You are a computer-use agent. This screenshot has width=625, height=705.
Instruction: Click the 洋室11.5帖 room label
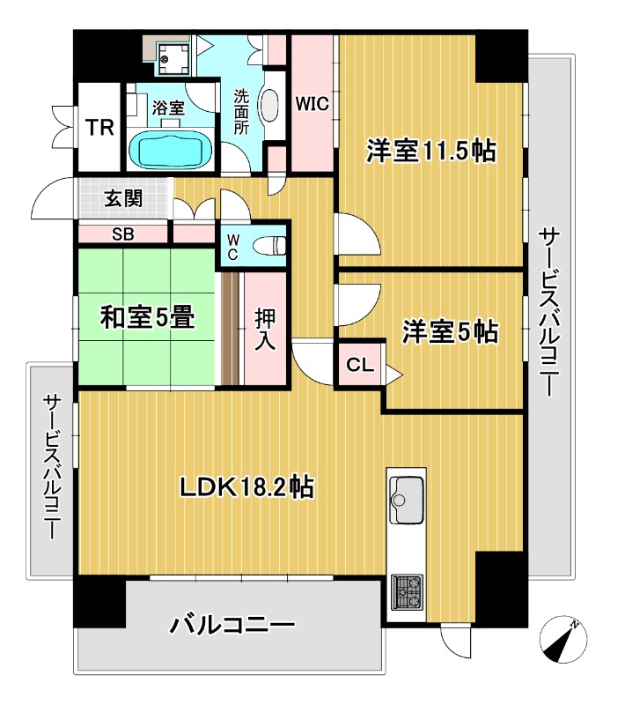click(x=430, y=152)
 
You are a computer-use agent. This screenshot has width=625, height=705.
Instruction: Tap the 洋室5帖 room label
click(x=451, y=331)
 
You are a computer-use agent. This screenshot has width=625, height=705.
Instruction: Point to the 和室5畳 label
click(x=146, y=318)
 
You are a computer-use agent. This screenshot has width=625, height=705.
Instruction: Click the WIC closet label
click(x=311, y=103)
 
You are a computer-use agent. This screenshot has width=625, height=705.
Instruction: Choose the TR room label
click(x=99, y=129)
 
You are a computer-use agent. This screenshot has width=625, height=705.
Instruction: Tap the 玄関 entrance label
click(x=125, y=198)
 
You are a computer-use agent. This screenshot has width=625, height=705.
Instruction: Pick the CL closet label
click(x=357, y=363)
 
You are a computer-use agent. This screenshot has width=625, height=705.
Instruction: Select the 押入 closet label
click(x=265, y=328)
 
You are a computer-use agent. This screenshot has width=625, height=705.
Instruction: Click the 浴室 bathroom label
click(x=167, y=108)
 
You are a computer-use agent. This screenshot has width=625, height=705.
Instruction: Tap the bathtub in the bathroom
click(x=170, y=150)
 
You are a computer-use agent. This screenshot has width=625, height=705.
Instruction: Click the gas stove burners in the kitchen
click(x=406, y=591)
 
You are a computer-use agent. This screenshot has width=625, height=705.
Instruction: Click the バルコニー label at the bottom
click(x=232, y=626)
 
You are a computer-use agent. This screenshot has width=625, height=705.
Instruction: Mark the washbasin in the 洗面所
click(x=271, y=109)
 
